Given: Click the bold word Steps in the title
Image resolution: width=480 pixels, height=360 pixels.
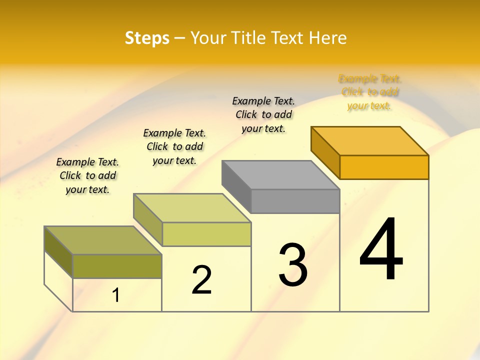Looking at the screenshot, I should (147, 38).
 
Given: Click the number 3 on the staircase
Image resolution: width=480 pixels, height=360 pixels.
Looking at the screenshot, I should (292, 265).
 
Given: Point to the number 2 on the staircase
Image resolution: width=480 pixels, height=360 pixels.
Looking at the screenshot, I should (201, 280).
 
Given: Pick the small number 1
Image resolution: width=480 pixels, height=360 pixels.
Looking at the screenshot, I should (116, 295).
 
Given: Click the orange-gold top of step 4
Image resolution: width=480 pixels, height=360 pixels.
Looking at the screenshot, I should (370, 140).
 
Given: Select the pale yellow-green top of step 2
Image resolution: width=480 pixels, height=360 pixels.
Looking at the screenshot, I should (192, 208).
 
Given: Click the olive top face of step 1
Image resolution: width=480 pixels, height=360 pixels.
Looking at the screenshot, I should (103, 240).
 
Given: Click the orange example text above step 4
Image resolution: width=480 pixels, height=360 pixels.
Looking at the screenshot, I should (369, 92).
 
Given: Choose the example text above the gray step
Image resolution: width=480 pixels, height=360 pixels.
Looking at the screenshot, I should (263, 114).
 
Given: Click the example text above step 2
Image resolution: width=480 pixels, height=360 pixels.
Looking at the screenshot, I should (174, 146).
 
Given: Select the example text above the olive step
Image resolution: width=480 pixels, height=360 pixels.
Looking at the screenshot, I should (87, 175).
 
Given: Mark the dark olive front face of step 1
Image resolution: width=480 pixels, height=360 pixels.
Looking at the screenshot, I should (117, 266).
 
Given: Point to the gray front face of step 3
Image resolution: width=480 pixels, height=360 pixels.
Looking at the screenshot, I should (295, 201).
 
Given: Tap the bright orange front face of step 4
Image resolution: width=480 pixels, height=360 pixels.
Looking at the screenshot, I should (384, 167).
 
